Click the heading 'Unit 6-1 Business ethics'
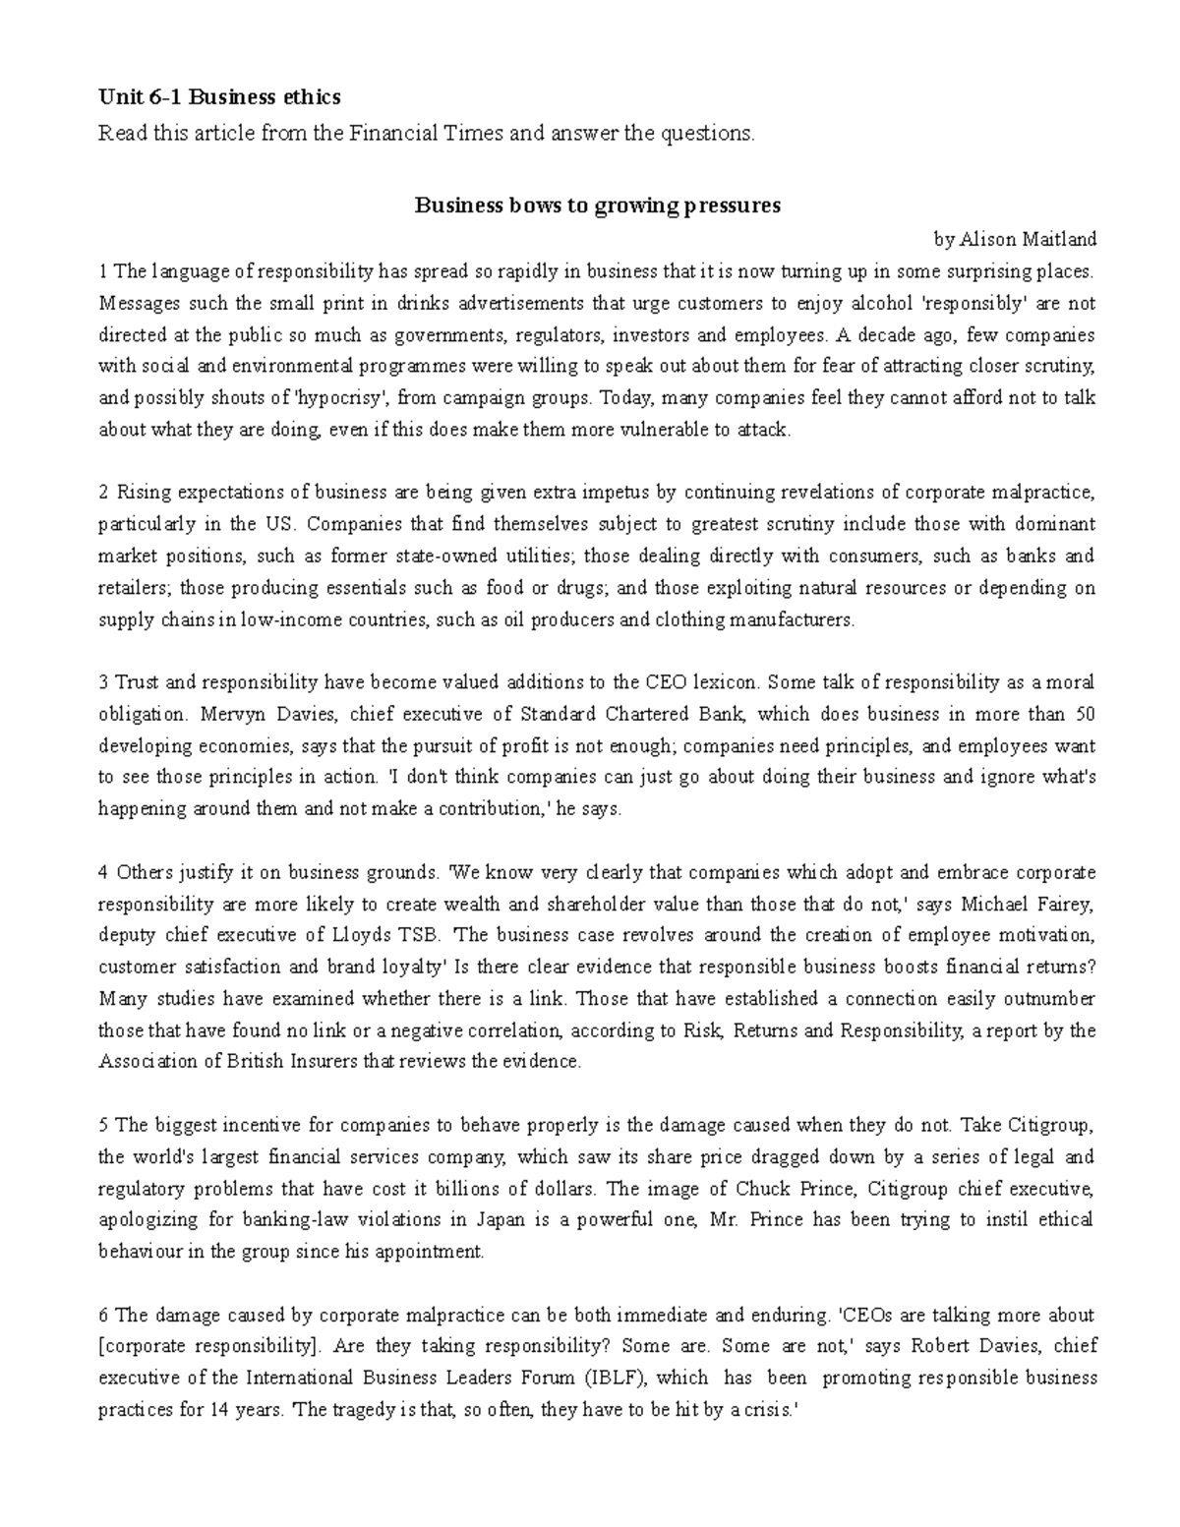tap(219, 96)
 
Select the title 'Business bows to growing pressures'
tap(597, 206)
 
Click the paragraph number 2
tap(103, 492)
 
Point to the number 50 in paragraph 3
tap(1085, 714)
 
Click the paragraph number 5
tap(103, 1125)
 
